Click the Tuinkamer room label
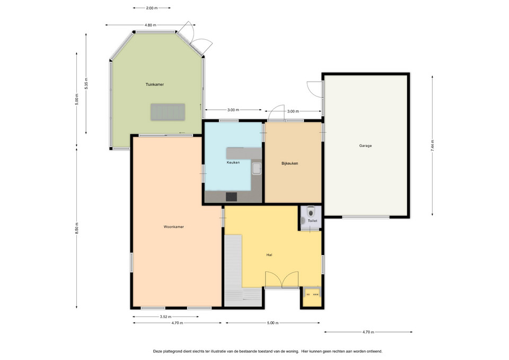(154, 84)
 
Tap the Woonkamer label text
(174, 227)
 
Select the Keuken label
(233, 162)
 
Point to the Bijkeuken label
(289, 163)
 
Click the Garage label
(365, 146)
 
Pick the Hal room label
(269, 255)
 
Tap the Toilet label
(312, 221)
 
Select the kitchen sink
(257, 169)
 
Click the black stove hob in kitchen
(232, 197)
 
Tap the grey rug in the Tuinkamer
(168, 112)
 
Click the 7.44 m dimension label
(432, 145)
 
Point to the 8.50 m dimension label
(77, 228)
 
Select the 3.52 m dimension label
(165, 317)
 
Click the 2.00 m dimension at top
(152, 8)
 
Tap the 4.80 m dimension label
(150, 25)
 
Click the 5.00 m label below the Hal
(273, 323)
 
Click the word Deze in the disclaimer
(157, 351)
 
